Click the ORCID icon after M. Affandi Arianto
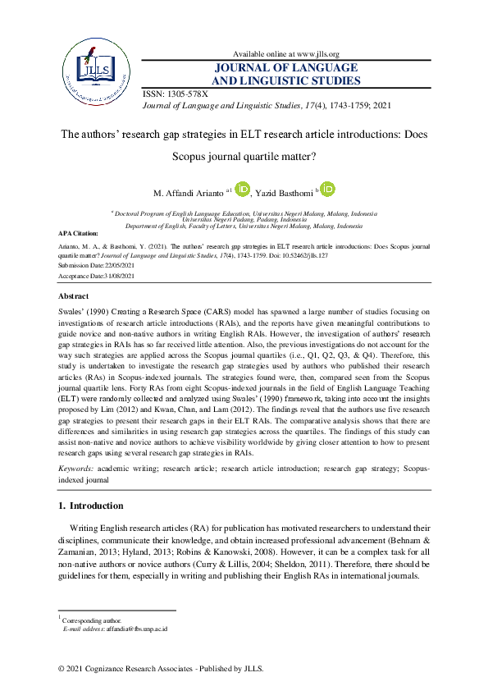coord(242,190)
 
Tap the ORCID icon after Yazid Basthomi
coord(327,190)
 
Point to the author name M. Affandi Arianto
coord(188,193)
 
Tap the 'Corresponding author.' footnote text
coord(92,621)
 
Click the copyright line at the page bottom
coord(161,670)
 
